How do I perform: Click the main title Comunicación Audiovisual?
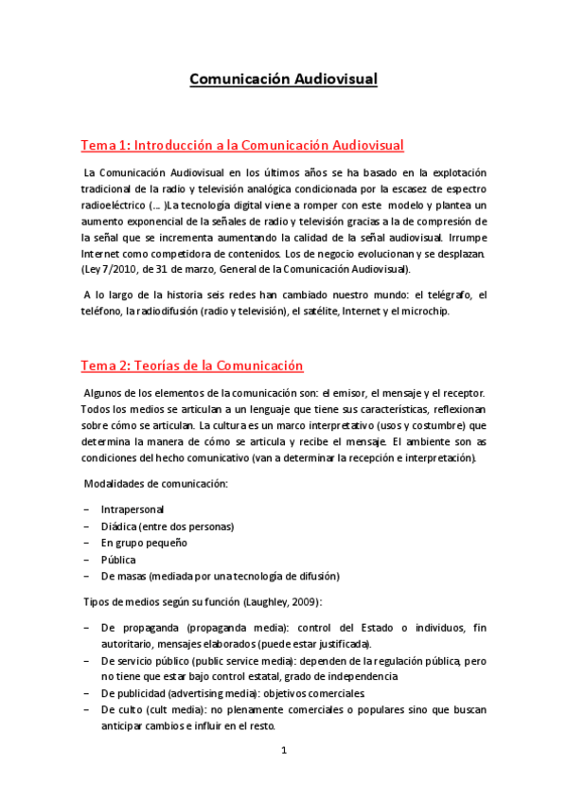point(283,80)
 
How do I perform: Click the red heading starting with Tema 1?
point(241,145)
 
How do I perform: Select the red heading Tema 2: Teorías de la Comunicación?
point(191,366)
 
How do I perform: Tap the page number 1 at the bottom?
point(283,751)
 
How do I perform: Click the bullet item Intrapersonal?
point(132,509)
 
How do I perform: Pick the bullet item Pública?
point(118,559)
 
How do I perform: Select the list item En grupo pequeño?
point(144,543)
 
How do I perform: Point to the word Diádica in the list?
point(118,526)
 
